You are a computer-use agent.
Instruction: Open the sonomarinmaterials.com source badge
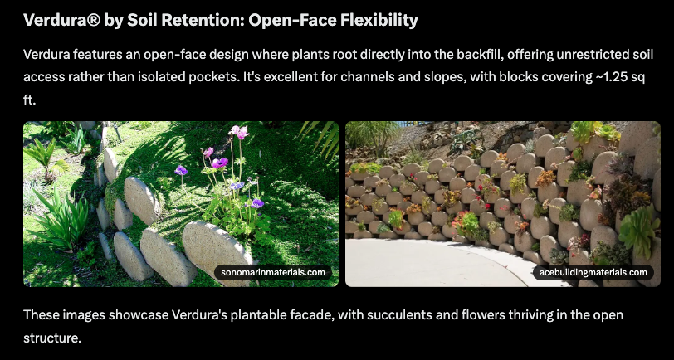point(273,272)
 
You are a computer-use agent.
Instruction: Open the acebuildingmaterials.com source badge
point(593,272)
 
